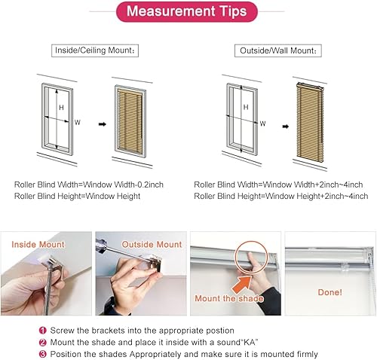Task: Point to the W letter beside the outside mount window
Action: tap(263, 124)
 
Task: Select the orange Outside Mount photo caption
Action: tap(152, 245)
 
